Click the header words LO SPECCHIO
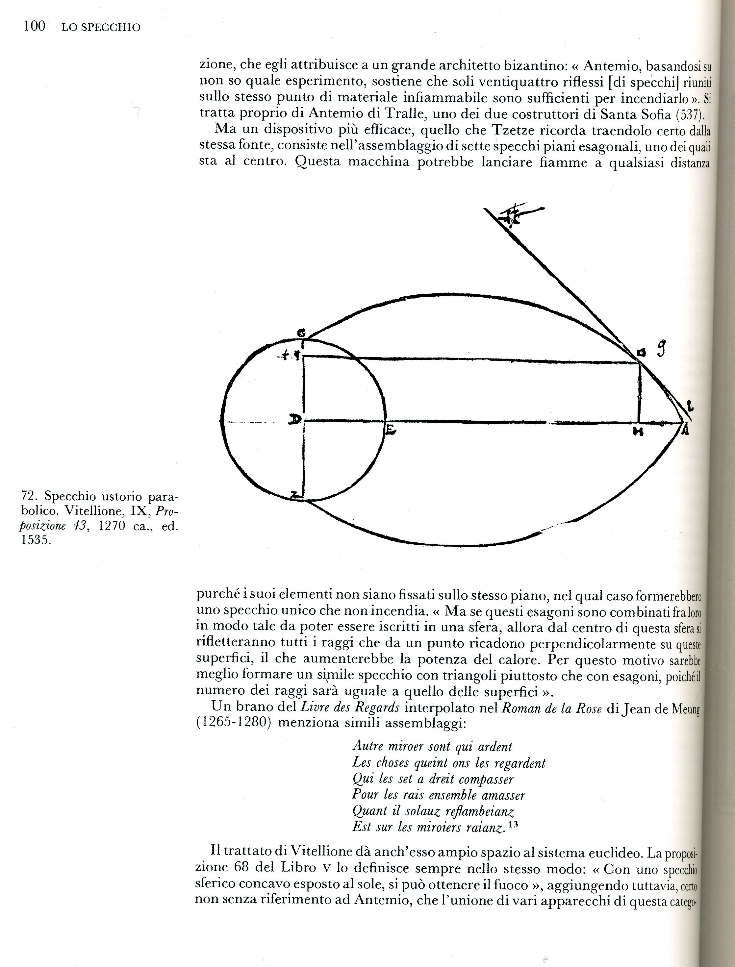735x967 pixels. click(101, 28)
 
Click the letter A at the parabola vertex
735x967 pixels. click(685, 431)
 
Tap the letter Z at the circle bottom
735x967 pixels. click(295, 495)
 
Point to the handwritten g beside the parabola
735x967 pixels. click(662, 350)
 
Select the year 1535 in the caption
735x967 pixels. click(36, 540)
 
